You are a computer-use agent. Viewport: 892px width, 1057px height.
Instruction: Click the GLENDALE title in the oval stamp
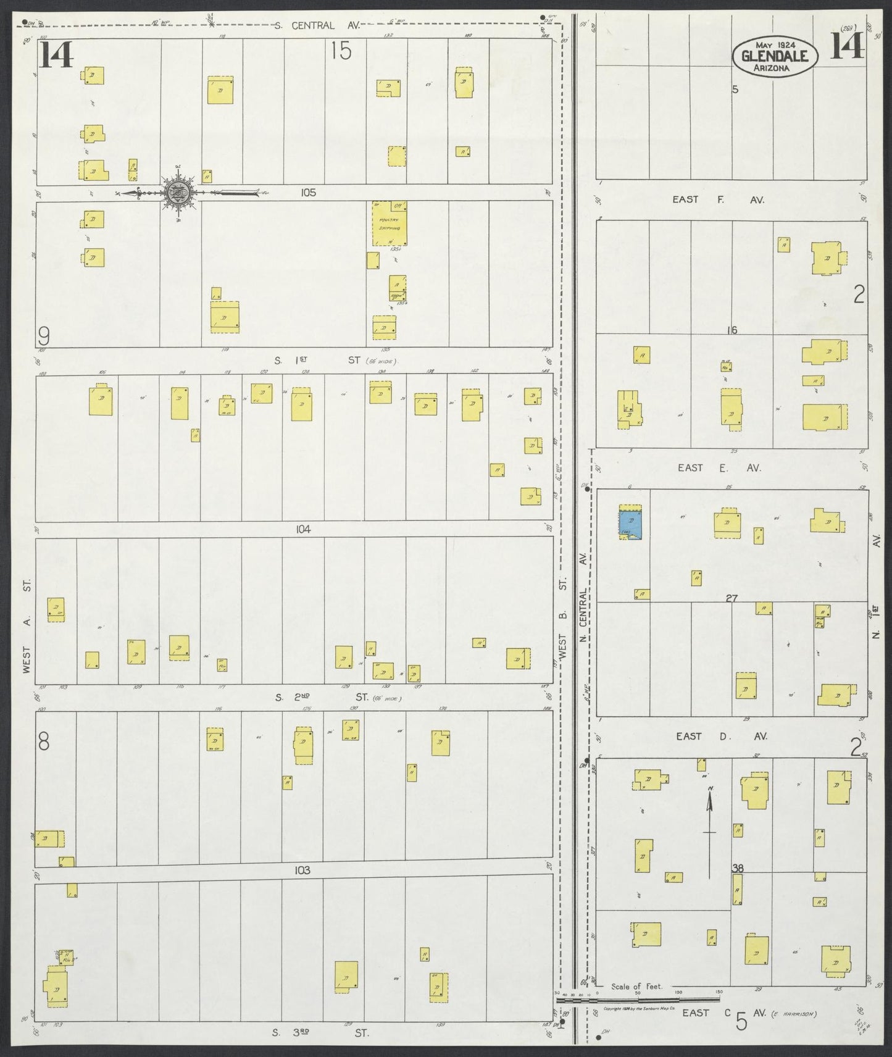pos(775,57)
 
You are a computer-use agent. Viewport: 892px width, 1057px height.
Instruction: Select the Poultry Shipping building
pos(389,224)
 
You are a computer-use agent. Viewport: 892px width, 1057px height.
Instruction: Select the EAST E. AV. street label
pos(719,468)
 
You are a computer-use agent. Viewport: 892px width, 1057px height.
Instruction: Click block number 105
pos(308,193)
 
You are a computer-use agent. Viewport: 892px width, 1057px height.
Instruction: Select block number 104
pos(303,529)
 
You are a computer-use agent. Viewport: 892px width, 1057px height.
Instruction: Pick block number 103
pos(302,871)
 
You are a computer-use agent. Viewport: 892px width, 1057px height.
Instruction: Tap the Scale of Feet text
pos(636,986)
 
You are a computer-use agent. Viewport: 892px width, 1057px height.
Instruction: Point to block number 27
pos(732,598)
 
